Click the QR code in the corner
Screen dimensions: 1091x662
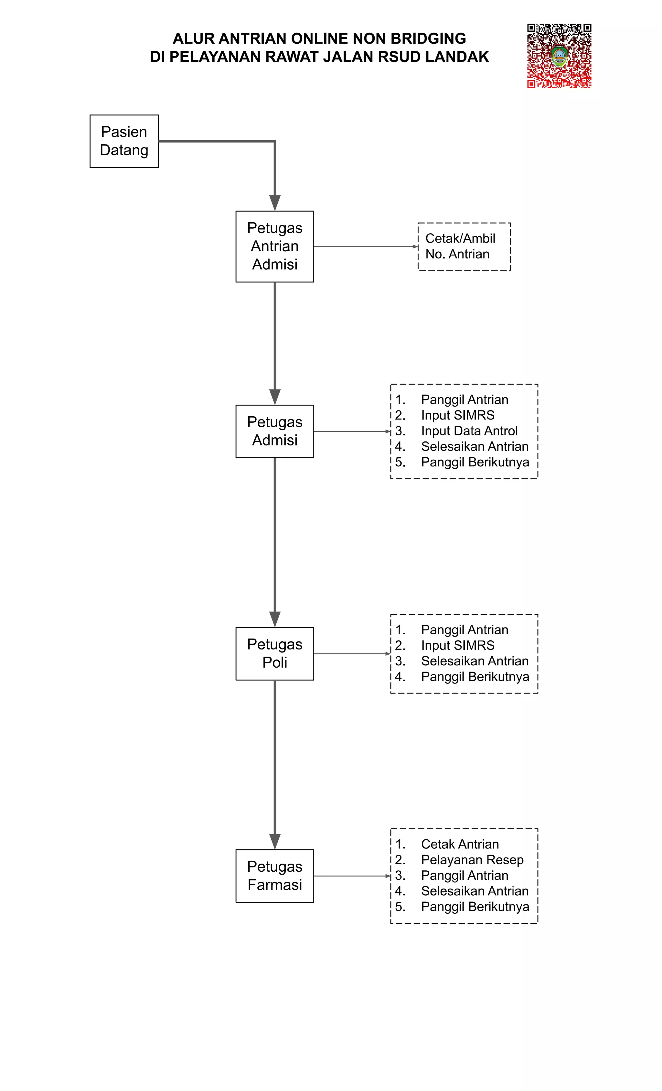pyautogui.click(x=559, y=55)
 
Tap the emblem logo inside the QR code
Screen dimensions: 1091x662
pyautogui.click(x=559, y=56)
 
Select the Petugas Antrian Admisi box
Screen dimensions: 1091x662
pyautogui.click(x=274, y=246)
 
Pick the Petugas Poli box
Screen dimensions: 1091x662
pyautogui.click(x=274, y=654)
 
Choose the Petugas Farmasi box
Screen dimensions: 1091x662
pyautogui.click(x=274, y=876)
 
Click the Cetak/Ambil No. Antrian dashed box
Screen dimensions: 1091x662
pyautogui.click(x=464, y=246)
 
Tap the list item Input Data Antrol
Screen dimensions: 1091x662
pyautogui.click(x=469, y=431)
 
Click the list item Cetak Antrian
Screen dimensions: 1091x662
pyautogui.click(x=459, y=845)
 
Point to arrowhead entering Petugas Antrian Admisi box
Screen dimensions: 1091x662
pyautogui.click(x=275, y=203)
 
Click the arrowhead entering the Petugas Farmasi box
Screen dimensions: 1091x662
pyautogui.click(x=275, y=841)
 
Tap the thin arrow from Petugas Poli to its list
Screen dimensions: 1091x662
pyautogui.click(x=352, y=654)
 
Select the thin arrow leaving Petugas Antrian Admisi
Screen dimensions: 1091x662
pyautogui.click(x=365, y=246)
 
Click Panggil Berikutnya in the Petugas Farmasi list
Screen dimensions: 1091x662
pyautogui.click(x=475, y=907)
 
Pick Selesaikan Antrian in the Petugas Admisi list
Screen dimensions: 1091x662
pyautogui.click(x=475, y=446)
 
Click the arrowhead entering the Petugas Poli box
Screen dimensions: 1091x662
pyautogui.click(x=275, y=619)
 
